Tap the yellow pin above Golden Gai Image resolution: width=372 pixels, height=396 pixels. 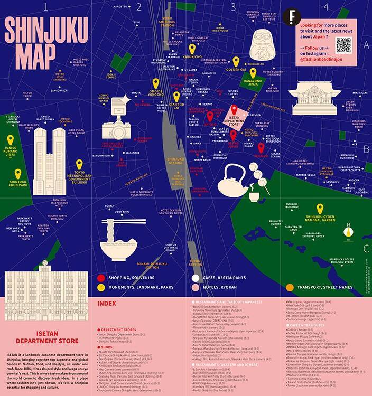click(236, 61)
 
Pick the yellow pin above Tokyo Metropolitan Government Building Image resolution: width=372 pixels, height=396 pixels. click(80, 165)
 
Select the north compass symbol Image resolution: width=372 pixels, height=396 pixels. click(348, 232)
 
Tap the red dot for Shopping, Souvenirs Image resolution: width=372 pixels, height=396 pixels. click(101, 278)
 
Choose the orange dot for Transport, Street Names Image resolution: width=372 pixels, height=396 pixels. click(289, 288)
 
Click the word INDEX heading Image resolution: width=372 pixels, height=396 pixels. click(107, 304)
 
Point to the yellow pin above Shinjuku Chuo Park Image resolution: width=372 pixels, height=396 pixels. click(18, 173)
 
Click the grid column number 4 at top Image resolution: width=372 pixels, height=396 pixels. click(326, 7)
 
